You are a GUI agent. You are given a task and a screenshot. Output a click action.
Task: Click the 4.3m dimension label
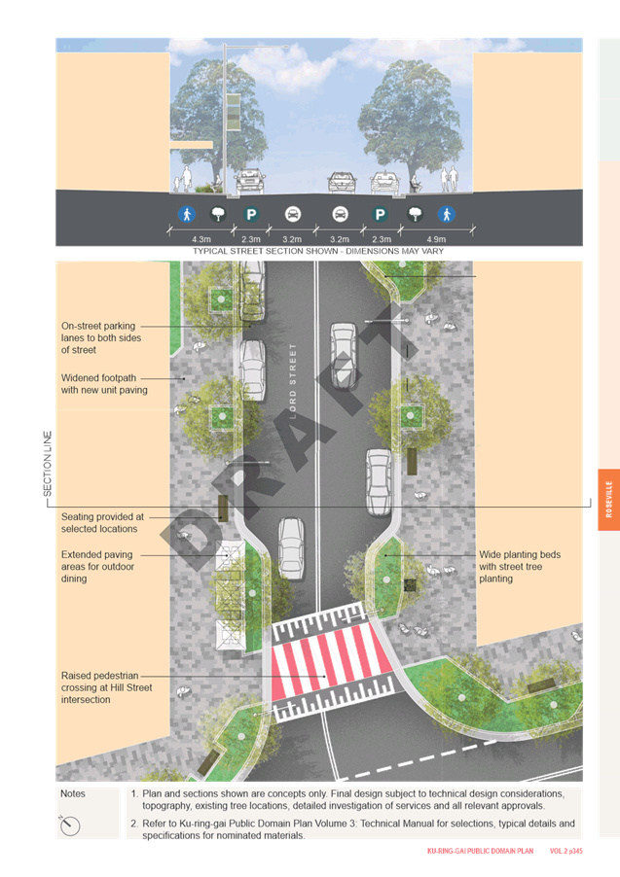201,239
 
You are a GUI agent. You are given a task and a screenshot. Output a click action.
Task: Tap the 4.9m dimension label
436,239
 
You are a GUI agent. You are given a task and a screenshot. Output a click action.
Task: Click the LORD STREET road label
292,381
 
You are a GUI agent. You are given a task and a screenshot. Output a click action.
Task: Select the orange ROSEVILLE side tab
608,500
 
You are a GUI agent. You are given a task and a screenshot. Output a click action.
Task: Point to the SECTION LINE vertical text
48,464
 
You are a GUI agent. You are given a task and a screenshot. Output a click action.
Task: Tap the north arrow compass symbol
70,825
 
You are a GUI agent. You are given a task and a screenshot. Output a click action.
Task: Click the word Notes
73,793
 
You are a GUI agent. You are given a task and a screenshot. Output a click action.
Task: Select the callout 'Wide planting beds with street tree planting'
520,567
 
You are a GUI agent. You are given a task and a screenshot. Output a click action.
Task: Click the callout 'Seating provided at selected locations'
102,523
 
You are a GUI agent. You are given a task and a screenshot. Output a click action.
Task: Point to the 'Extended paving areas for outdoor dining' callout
97,567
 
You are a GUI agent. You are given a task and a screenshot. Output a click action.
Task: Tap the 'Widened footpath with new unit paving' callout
104,384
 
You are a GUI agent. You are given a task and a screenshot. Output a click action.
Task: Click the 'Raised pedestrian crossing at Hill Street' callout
106,687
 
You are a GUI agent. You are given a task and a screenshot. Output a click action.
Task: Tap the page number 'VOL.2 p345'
565,851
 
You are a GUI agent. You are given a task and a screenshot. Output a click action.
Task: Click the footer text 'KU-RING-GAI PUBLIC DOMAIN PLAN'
480,851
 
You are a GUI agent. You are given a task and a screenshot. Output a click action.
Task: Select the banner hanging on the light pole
233,112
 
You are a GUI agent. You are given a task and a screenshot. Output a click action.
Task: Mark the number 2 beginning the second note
133,824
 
